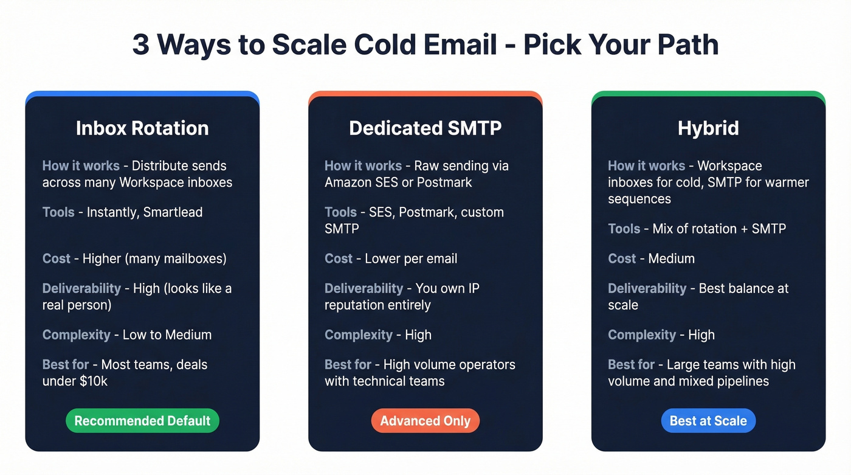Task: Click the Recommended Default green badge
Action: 142,421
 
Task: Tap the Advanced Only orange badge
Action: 425,421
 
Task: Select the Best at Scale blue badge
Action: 708,421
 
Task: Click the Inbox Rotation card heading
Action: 142,128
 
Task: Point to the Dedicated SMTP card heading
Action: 425,128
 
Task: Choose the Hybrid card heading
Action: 708,128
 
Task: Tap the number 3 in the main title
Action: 140,45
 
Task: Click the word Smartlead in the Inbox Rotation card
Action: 173,212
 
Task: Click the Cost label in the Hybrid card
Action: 622,258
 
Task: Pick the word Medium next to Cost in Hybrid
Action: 672,258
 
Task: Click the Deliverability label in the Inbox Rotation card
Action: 81,288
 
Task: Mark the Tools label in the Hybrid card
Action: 624,229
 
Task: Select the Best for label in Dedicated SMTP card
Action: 348,365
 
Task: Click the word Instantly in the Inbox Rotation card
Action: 111,212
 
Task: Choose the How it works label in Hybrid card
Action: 646,166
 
